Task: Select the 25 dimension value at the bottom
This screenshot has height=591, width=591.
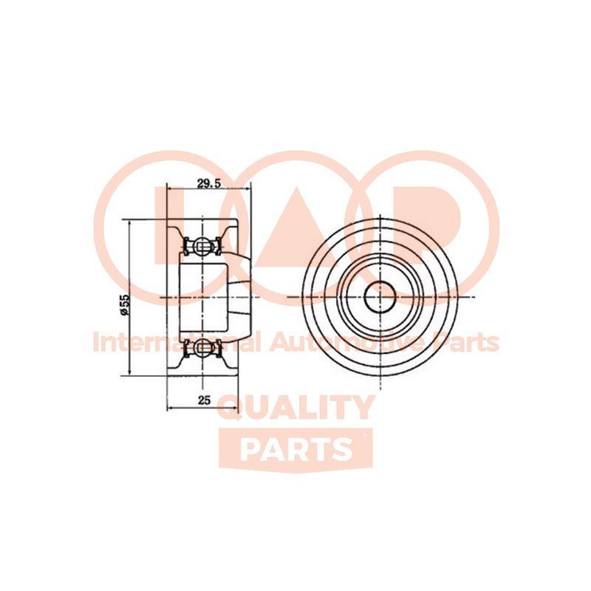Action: [204, 400]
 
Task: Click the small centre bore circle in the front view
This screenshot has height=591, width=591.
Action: [380, 297]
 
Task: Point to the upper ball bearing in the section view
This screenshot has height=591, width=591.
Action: [202, 247]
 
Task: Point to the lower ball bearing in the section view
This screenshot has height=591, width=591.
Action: [202, 346]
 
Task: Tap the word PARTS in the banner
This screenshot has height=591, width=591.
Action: [296, 449]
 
